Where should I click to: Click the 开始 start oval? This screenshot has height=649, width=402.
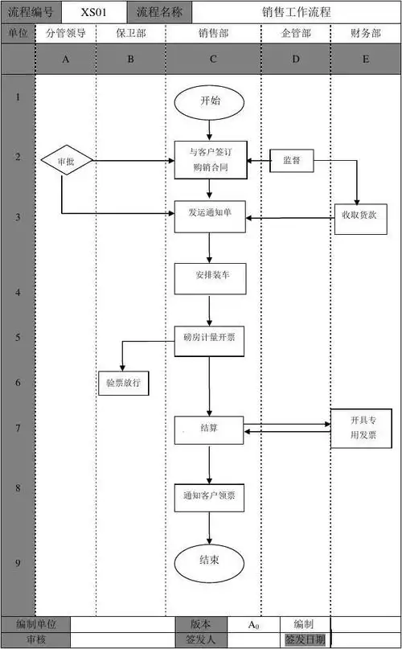point(209,101)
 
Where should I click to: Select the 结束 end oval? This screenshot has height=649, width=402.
point(209,560)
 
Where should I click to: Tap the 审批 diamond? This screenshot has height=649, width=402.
point(67,160)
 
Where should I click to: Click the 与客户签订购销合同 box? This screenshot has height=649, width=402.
point(209,159)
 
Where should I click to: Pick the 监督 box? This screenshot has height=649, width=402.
point(291,160)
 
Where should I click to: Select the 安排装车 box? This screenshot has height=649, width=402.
point(209,278)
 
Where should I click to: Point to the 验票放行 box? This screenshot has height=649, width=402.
point(123,383)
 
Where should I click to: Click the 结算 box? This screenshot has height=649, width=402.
point(209,429)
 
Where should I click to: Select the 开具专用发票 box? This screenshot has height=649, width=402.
point(359,428)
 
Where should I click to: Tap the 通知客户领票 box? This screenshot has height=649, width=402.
point(209,497)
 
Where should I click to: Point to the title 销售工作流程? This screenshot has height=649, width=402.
point(296,12)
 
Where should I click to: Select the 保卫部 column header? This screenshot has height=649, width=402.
point(130,34)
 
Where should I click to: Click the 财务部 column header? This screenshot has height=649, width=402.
point(366,34)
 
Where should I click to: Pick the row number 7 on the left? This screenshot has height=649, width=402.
point(18,427)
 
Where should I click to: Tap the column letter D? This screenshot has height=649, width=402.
point(295,60)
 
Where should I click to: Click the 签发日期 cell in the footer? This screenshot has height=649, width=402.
point(305,640)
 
